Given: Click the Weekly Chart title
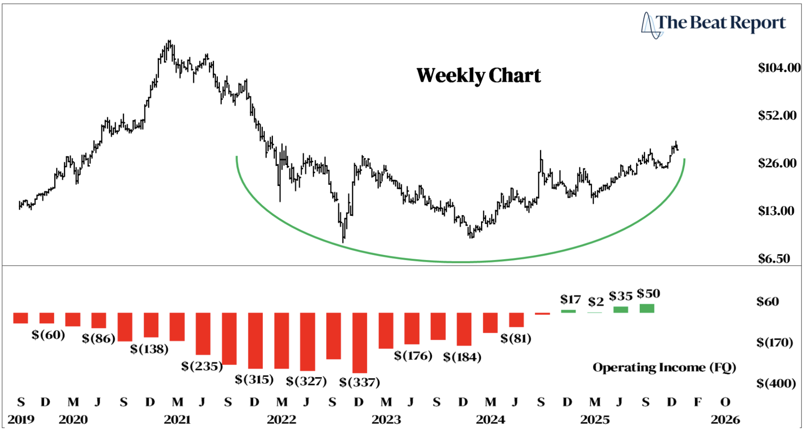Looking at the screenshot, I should coord(479,76).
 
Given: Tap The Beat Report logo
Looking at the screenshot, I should coord(714,24).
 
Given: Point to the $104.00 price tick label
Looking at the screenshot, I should coord(779,68).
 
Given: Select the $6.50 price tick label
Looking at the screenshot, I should coord(774,259).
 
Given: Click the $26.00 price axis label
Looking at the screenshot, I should coord(777,163).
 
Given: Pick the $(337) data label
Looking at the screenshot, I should coord(359,383).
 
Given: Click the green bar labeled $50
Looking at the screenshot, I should coord(647,308).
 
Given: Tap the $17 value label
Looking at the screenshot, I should coord(570,300).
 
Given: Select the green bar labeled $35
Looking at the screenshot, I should coord(621,310).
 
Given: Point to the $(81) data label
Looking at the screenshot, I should coord(515,338).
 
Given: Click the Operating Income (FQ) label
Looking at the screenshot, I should coord(664,367).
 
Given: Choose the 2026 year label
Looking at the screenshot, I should coord(725,420).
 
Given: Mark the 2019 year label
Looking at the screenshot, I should coord(21,420).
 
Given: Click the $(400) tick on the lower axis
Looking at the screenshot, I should coord(776,383).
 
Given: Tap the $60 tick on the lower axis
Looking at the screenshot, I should coord(768,302).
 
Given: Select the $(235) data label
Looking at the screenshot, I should coord(202,366).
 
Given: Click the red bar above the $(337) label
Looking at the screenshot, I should coord(359,343).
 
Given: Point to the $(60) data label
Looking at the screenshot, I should coord(48,335).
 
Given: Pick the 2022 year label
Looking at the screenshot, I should coord(281,420).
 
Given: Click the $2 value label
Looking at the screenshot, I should coord(596,302).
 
